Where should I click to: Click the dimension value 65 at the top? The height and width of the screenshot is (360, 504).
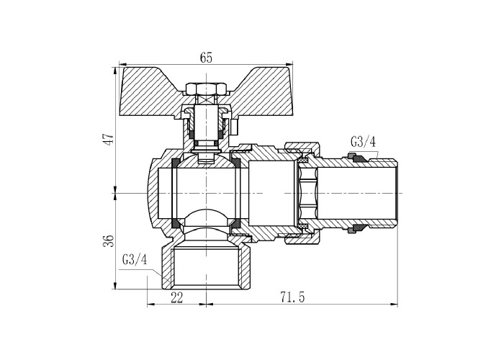[206, 58]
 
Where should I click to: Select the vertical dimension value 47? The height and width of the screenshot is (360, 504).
[109, 139]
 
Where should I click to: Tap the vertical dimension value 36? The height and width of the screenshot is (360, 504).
[109, 240]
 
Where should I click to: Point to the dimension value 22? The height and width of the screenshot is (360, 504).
[177, 297]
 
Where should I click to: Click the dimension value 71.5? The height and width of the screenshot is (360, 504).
[292, 297]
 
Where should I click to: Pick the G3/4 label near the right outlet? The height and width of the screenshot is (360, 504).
[363, 142]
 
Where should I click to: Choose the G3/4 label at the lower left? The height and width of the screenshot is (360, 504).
[135, 259]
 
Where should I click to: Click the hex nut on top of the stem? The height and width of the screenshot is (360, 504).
[206, 88]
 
